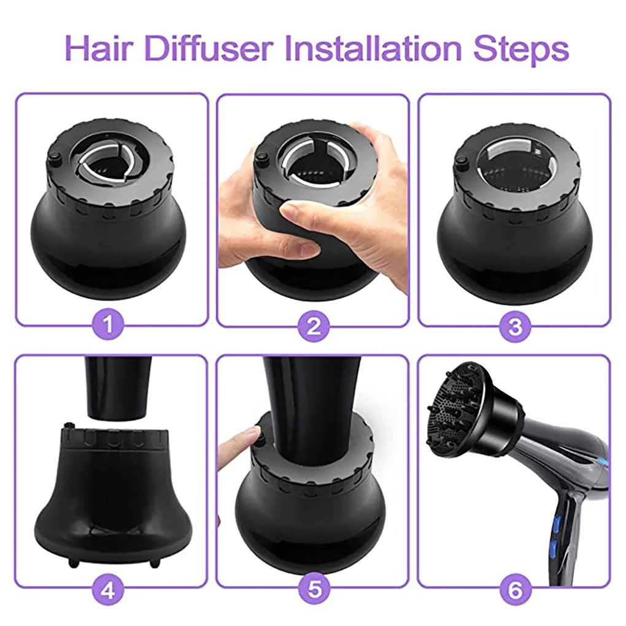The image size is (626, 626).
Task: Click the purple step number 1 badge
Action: (108, 325)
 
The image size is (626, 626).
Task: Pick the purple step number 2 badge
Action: (314, 326)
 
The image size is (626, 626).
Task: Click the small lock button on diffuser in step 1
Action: (54, 158)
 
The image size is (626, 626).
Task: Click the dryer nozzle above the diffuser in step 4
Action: (120, 387)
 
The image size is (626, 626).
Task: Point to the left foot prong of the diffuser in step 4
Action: (74, 562)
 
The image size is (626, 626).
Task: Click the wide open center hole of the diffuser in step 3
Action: (515, 168)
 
